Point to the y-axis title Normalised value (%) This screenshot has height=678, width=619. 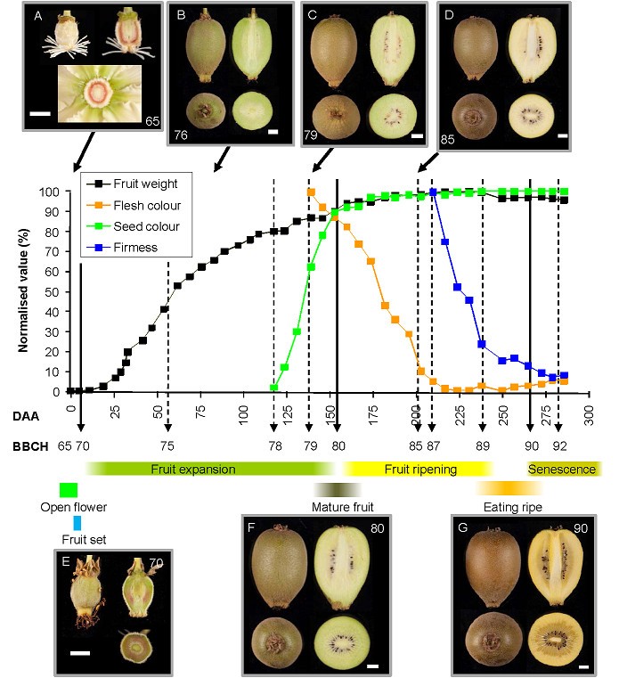pos(24,291)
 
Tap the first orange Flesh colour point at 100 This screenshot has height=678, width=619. pos(311,192)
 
